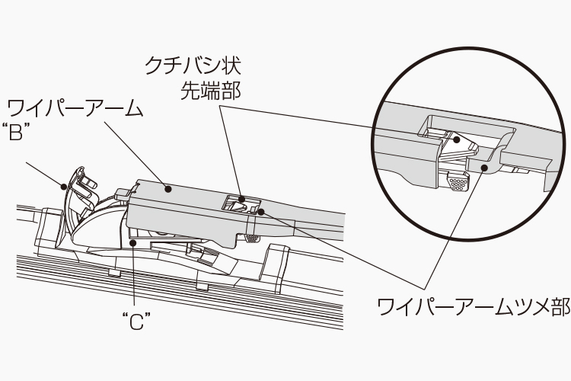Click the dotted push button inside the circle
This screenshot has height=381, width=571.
coord(457,183)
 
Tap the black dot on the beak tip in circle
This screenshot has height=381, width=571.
coord(457,139)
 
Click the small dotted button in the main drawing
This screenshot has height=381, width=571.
coord(249,239)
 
